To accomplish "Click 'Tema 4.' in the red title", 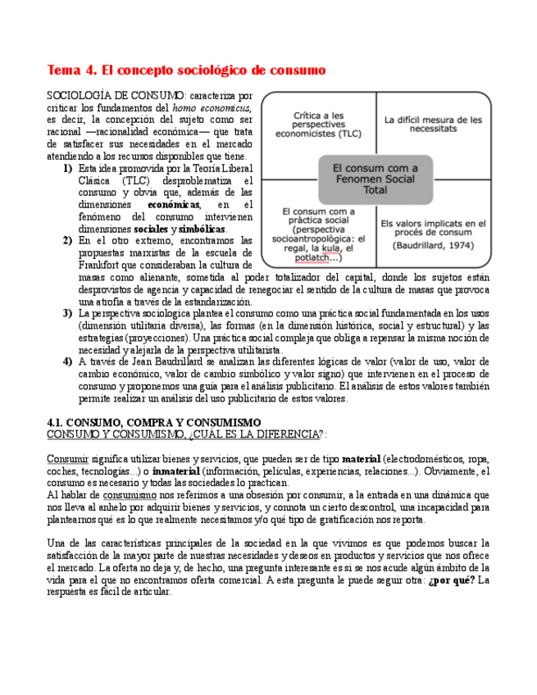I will tap(72, 70).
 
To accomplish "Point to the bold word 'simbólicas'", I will tap(202, 229).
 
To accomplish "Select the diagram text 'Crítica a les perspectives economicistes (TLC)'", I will tap(317, 124).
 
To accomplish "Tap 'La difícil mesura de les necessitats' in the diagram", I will tap(433, 124).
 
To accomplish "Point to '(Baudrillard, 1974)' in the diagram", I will tap(433, 245).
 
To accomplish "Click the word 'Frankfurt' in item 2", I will tap(104, 265).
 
